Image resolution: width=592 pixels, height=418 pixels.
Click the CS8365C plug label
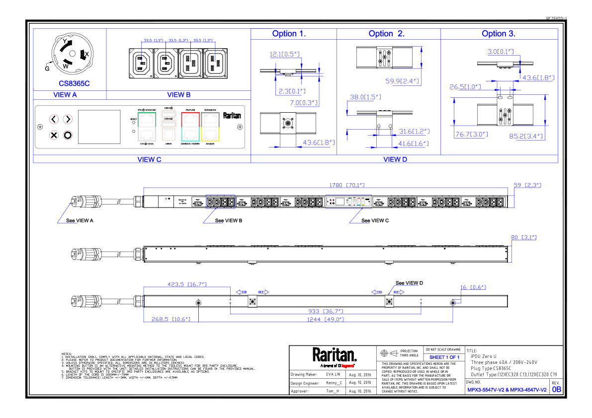coord(74,83)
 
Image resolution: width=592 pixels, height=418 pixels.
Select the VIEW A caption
coord(65,95)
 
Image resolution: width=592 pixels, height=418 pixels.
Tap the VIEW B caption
coord(179,95)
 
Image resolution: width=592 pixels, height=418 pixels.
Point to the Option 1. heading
coord(289,34)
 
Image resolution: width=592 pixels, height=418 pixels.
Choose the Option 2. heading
coord(386,34)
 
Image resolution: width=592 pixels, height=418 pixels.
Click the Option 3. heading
coord(498,34)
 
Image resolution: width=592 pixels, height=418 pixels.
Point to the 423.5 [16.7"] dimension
coord(187,284)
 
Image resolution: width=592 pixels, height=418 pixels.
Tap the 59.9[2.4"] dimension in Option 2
coord(402,80)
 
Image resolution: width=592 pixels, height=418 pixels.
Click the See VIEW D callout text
coord(409,283)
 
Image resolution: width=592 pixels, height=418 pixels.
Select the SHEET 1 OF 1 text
coord(444,357)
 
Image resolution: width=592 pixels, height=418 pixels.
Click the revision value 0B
coord(556,390)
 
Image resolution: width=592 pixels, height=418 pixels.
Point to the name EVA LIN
coord(334,374)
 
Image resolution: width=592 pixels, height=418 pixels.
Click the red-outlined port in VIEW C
coord(190,119)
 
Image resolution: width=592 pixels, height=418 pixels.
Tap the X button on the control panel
coord(54,135)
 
